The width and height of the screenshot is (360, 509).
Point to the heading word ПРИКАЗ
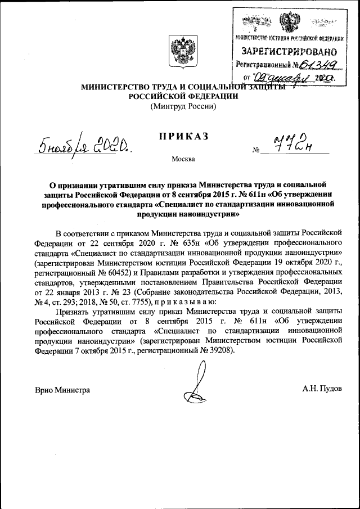pos(183,136)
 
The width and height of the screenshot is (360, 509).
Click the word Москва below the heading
pos(183,159)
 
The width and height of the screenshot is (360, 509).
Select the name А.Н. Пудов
pos(322,389)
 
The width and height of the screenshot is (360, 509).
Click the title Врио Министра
pos(62,389)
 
